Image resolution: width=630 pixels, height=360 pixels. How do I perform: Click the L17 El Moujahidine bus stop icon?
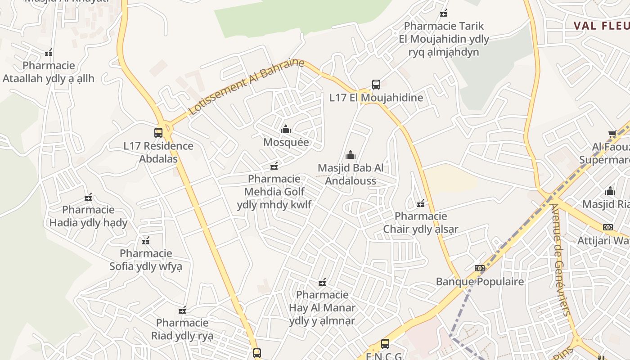(376, 84)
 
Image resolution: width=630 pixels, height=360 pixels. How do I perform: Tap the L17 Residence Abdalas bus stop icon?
(158, 132)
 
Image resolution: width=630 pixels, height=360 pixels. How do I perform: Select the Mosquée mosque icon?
(286, 130)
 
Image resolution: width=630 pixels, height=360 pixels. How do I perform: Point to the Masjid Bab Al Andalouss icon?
(351, 155)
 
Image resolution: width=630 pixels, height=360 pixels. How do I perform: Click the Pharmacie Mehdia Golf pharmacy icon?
(274, 166)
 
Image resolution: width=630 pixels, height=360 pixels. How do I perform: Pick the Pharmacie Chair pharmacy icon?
(421, 203)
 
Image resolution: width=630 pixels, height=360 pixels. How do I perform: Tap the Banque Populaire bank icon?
(480, 268)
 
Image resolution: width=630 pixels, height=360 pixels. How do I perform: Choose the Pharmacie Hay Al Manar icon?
(322, 282)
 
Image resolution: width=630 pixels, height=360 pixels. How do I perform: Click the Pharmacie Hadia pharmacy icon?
(88, 197)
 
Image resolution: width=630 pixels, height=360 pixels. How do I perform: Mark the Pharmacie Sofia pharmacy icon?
(146, 241)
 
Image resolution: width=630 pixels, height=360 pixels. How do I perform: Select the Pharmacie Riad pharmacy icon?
(182, 310)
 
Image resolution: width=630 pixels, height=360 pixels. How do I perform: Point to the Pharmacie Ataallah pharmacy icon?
(49, 53)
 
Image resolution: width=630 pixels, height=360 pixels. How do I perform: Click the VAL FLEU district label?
(601, 26)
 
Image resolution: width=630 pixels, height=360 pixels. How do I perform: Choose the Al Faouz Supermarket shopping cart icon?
(612, 134)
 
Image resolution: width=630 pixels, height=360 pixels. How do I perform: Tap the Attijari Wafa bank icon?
(608, 227)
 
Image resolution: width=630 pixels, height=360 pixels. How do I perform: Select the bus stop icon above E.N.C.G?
(385, 343)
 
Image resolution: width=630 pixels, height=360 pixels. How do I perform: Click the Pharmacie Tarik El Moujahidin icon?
(444, 13)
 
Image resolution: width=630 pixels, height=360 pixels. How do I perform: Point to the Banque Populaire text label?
(480, 282)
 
